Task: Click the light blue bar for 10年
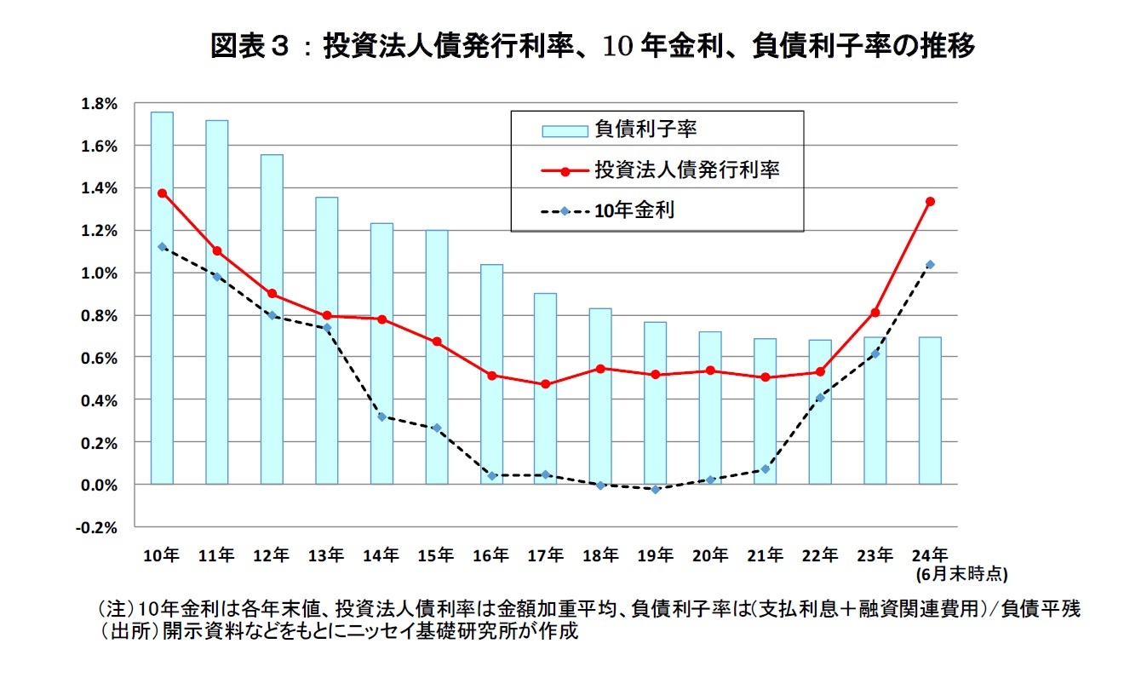pos(162,298)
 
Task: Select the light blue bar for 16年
pos(491,375)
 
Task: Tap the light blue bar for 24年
pos(930,411)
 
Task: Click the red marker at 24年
pos(930,202)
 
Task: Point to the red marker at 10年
pos(162,193)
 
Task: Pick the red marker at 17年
pos(546,384)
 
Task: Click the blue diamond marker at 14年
pos(381,417)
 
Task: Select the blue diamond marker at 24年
pos(930,265)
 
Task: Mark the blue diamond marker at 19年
pos(656,489)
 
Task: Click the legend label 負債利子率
pos(646,129)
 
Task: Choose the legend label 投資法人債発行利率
pos(687,169)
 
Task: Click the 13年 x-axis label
pos(326,555)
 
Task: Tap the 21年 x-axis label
pos(765,555)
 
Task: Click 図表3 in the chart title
pos(252,47)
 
